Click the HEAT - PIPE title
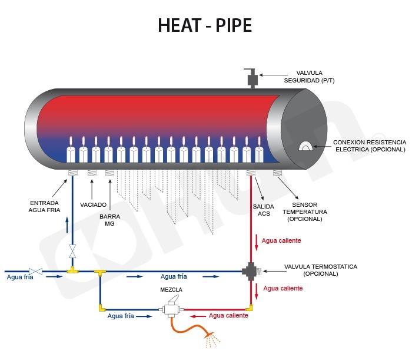click(205, 25)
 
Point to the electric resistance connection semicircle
click(305, 146)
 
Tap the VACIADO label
click(93, 204)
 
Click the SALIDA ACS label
click(263, 210)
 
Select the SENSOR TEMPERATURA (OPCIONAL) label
click(304, 212)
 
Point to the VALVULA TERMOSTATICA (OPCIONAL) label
click(320, 270)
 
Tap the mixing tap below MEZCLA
click(171, 309)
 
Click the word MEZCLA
click(171, 290)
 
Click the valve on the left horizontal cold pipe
click(36, 271)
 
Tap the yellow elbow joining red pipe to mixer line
click(251, 307)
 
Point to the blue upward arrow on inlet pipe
click(67, 224)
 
